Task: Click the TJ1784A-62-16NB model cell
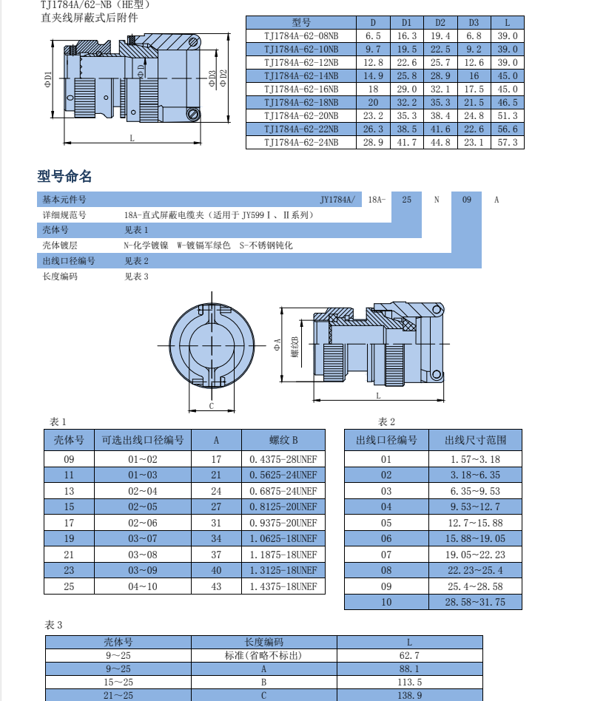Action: click(301, 89)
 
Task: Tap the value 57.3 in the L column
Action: click(507, 142)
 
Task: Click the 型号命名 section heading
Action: click(65, 177)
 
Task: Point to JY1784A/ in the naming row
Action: click(337, 200)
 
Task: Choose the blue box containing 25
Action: click(406, 200)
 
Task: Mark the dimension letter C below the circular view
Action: click(211, 406)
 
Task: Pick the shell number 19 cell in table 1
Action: click(70, 539)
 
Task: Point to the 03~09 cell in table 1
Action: click(143, 571)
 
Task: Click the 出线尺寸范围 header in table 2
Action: click(475, 440)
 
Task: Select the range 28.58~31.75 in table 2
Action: click(475, 602)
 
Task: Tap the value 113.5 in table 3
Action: click(409, 682)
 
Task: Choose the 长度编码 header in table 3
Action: click(264, 643)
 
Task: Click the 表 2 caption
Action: click(387, 421)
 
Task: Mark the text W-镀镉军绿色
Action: click(203, 245)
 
